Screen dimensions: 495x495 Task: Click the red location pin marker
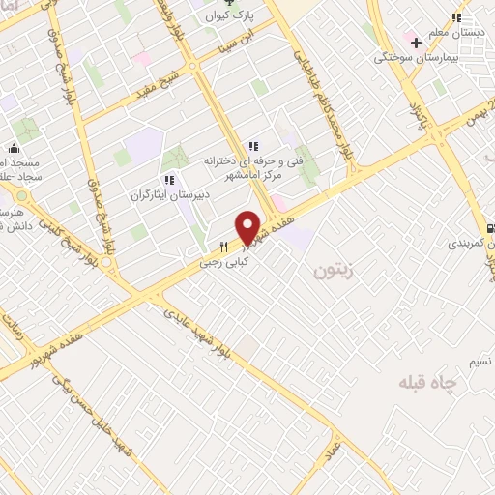pos(249,228)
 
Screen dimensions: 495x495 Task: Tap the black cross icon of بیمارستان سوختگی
pos(417,43)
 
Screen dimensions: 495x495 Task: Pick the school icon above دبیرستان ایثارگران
pos(168,180)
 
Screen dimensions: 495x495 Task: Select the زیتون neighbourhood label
pos(328,273)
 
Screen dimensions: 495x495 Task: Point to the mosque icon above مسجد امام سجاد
pos(14,149)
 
